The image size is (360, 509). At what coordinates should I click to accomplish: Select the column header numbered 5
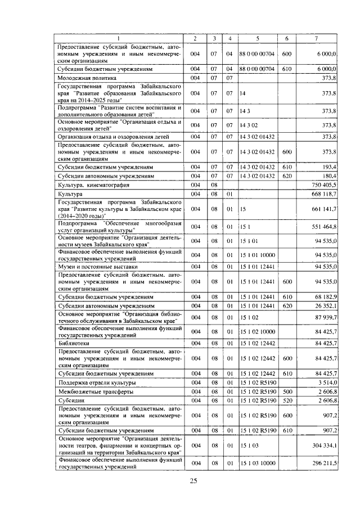[x=257, y=38]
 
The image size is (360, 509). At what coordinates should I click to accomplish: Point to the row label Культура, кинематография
[x=93, y=184]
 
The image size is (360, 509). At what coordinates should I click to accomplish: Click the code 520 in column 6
[x=286, y=400]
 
